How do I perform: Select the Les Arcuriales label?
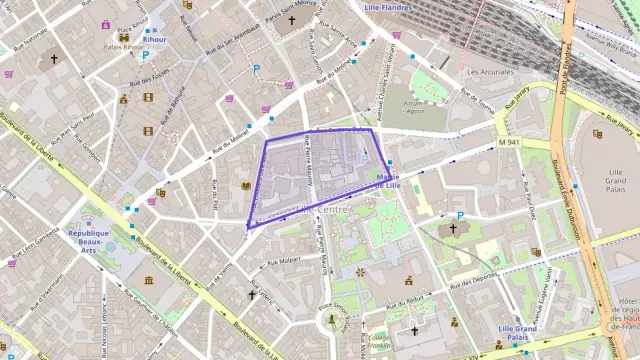click(490, 72)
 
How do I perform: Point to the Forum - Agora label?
click(413, 107)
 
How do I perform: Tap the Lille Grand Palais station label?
click(518, 333)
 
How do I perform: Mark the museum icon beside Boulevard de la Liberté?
click(149, 281)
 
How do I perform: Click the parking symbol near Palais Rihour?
click(146, 57)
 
